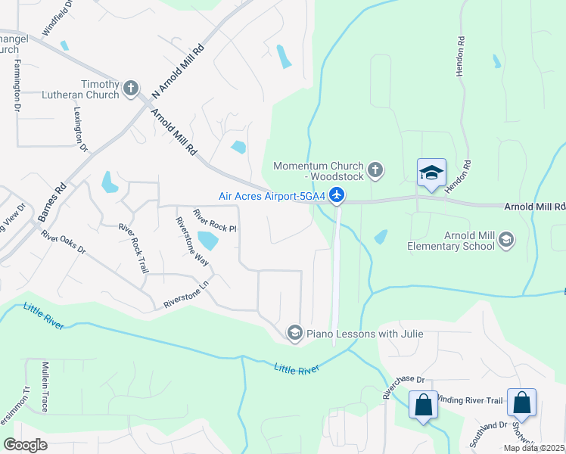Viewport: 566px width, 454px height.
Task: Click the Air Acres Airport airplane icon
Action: [337, 196]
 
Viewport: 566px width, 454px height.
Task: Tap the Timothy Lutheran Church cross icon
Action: [131, 89]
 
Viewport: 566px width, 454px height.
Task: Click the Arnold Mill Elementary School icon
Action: [505, 241]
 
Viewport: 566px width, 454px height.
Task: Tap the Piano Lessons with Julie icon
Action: [294, 333]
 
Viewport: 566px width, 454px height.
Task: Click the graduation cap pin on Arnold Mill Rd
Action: [431, 173]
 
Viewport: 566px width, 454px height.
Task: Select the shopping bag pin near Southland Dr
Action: [521, 403]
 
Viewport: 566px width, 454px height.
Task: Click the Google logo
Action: [25, 445]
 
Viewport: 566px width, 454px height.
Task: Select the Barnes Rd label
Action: [52, 201]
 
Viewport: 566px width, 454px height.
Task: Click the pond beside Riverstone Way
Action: [207, 241]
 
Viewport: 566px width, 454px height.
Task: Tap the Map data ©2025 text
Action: [533, 448]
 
